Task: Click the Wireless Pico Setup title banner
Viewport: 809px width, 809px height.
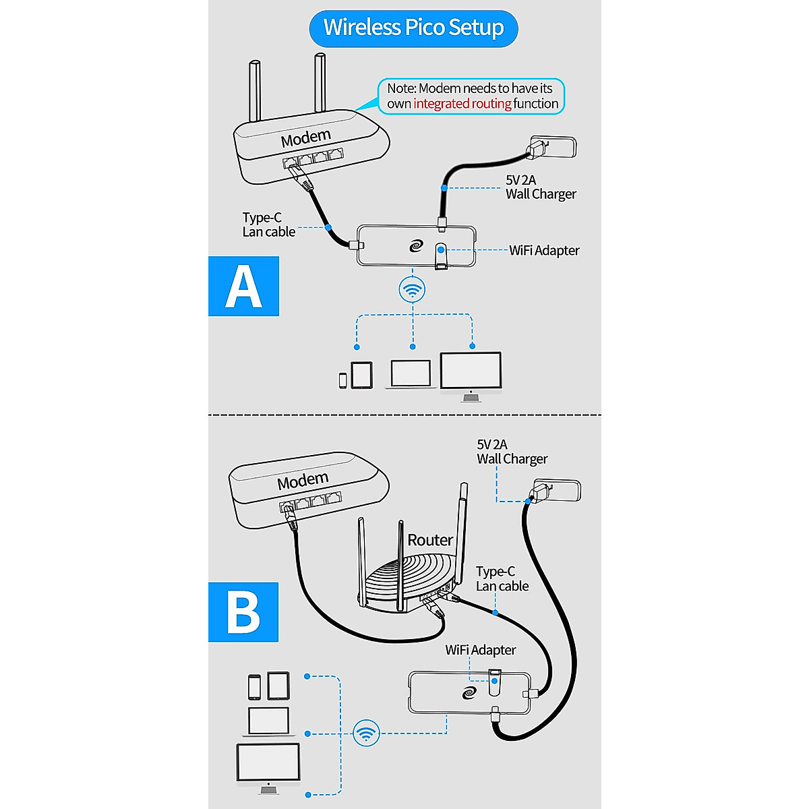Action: tap(413, 28)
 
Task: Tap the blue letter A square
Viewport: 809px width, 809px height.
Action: tap(243, 286)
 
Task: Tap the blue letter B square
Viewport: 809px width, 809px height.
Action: tap(243, 611)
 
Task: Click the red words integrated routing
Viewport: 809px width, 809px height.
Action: tap(462, 104)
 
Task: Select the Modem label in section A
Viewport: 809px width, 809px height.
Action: tap(306, 138)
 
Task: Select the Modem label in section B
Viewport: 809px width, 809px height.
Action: tap(303, 481)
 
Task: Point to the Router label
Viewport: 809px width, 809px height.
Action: tap(430, 540)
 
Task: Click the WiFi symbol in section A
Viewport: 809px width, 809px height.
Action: tap(413, 291)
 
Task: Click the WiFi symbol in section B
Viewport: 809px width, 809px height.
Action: tap(366, 733)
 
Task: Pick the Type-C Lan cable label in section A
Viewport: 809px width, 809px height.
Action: tap(268, 224)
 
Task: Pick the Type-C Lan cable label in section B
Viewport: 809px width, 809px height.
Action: tap(502, 579)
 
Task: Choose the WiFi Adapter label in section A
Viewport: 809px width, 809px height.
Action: tap(544, 251)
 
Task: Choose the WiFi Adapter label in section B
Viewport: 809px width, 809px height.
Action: tap(480, 650)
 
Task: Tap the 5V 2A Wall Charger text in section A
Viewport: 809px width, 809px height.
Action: tap(541, 187)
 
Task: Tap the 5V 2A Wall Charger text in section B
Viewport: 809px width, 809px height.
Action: tap(512, 452)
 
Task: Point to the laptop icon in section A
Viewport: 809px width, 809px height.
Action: tap(411, 374)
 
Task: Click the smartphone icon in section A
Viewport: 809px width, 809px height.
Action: tap(342, 380)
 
